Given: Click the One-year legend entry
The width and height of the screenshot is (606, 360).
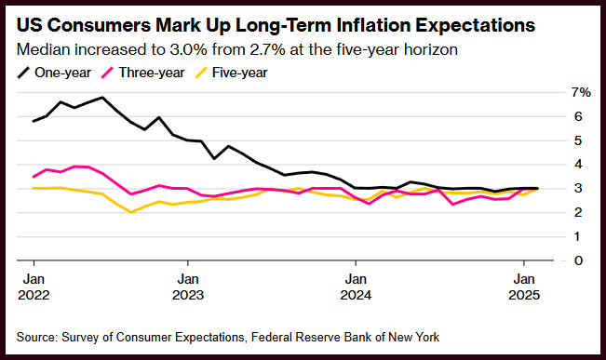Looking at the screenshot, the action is point(54,73).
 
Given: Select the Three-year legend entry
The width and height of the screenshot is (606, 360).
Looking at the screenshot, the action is point(142,73).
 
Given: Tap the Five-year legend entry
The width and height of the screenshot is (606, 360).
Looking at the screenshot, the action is point(231,73).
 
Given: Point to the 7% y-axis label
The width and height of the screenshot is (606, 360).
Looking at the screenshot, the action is point(581,93).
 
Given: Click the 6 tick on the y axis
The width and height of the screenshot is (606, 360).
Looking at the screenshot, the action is point(578,116).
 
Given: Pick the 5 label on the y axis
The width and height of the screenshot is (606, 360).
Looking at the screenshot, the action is point(578,140).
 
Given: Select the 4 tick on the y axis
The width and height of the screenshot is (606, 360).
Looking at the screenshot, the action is point(578,165).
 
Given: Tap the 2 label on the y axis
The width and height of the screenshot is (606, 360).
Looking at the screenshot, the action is point(578,212).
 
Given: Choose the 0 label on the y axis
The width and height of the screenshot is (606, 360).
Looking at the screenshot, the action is point(578,260).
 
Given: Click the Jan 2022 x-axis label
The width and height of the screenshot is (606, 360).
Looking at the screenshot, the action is point(34,287).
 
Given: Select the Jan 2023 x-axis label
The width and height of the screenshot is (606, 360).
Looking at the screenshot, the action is point(188,287).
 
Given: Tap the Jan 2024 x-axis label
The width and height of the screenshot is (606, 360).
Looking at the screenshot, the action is point(356,287).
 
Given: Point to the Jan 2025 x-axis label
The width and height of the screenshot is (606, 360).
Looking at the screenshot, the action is point(524,287).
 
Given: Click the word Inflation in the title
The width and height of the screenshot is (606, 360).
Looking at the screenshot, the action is point(373,25).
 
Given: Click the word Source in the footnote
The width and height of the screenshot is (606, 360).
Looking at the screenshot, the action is point(37,338).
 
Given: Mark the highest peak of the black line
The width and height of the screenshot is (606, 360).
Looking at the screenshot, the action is point(102,98).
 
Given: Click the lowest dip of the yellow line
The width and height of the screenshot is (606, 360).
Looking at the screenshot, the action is point(131,212).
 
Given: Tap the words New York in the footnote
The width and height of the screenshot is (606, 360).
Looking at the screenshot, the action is point(414,338).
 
